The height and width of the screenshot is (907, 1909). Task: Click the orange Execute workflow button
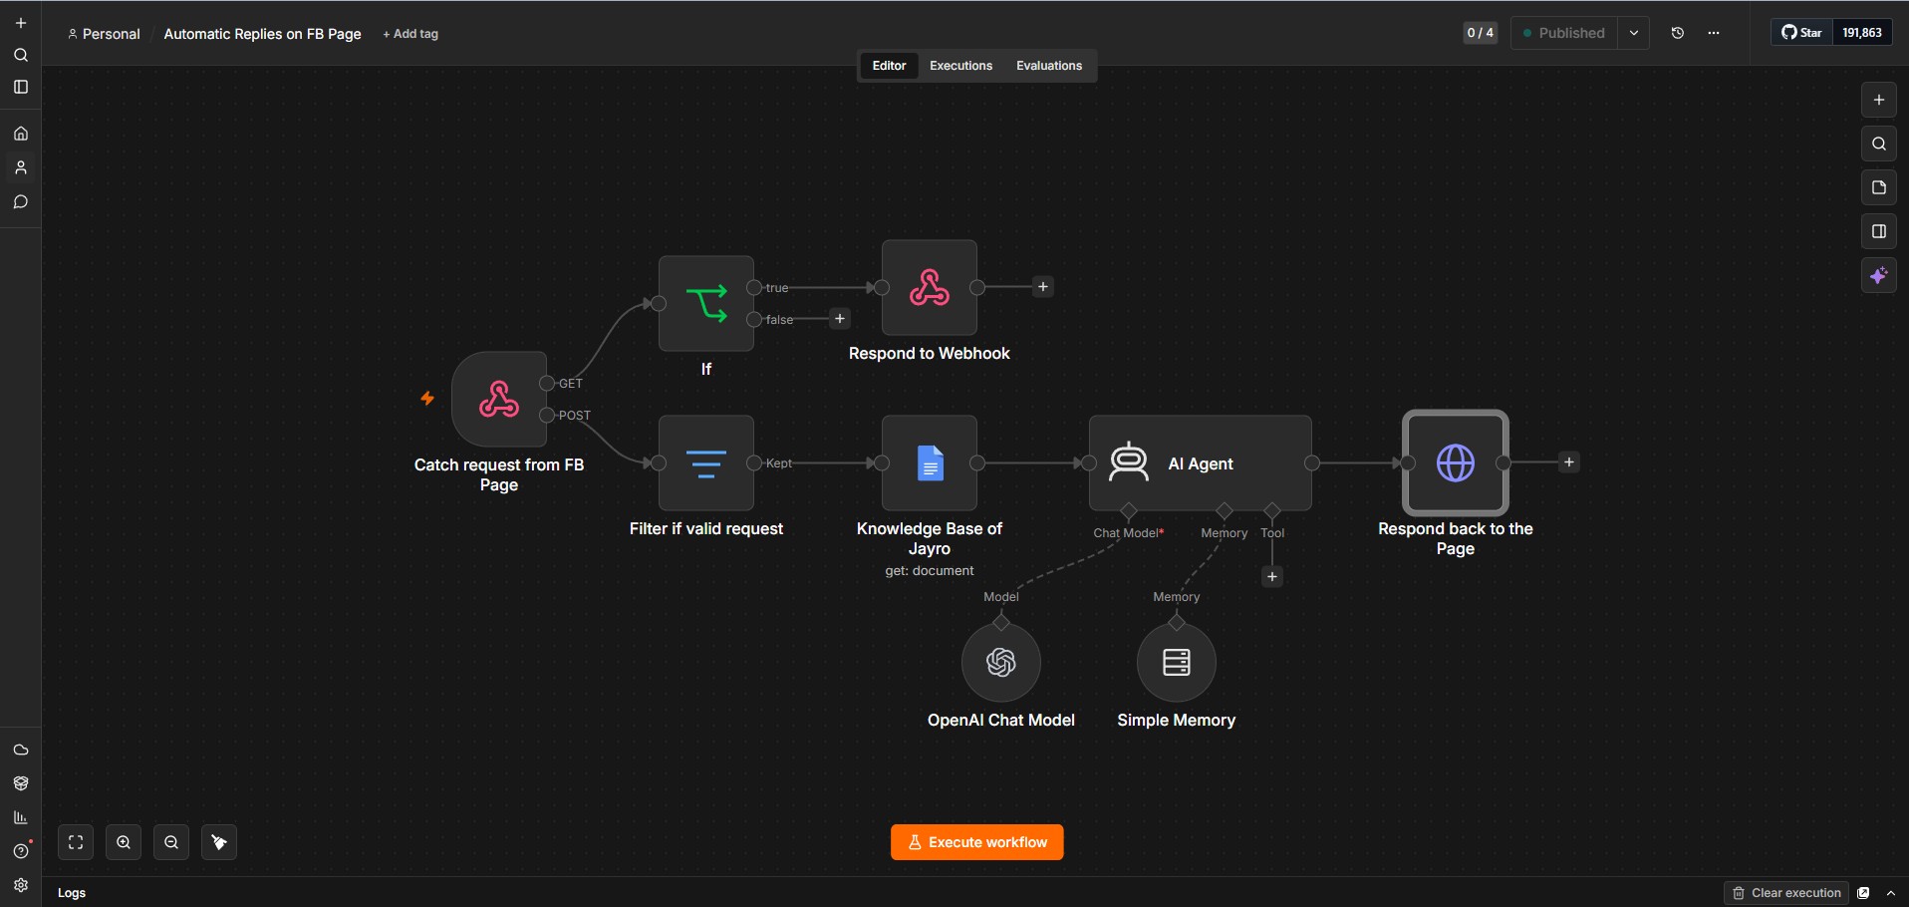tap(976, 842)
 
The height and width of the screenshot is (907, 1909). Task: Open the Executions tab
tap(960, 66)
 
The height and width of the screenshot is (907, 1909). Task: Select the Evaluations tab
tap(1048, 66)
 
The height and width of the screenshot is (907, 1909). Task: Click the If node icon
tap(706, 303)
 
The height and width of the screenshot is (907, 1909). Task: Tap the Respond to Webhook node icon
tap(930, 287)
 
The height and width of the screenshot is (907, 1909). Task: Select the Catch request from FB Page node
tap(499, 399)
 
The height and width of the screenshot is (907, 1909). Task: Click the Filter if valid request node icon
tap(706, 462)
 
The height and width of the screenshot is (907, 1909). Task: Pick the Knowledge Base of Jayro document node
tap(930, 462)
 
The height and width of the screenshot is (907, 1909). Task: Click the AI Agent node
tap(1201, 462)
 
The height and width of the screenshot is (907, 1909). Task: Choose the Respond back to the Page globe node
tap(1456, 462)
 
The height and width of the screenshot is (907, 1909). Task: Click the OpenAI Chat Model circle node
tap(1001, 662)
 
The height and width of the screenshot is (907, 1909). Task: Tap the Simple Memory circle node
tap(1177, 662)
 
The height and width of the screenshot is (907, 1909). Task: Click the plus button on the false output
tap(840, 319)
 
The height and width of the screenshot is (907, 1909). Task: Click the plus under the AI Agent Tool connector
tap(1272, 576)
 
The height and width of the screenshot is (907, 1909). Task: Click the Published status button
tap(1564, 33)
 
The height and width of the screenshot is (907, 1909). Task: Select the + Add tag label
tap(410, 34)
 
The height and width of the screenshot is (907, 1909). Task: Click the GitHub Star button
tap(1802, 33)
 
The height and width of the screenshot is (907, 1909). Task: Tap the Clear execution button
tap(1786, 893)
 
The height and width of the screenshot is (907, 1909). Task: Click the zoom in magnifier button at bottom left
tap(124, 842)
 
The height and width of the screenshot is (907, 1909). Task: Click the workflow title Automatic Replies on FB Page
tap(262, 34)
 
